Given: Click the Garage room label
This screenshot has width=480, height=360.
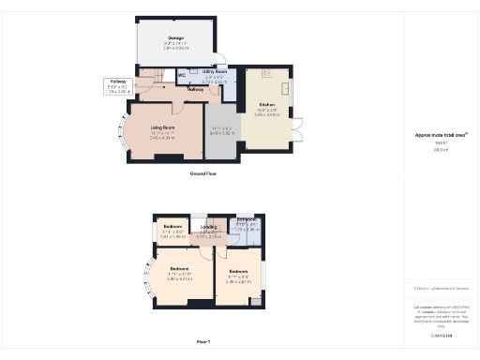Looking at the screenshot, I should coord(175,37).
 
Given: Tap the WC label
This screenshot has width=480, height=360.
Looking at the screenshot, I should coord(181,76).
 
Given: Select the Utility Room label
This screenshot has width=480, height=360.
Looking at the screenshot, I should coord(215,71).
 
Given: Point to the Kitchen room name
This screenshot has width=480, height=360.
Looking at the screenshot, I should coord(266,104).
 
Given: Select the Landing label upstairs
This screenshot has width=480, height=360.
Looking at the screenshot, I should coord(209,227).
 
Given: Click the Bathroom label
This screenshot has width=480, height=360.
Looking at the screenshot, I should coord(247,221).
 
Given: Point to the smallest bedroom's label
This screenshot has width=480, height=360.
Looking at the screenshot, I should coord(172,227).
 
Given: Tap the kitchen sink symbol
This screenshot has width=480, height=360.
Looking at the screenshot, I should coord(266,72).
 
